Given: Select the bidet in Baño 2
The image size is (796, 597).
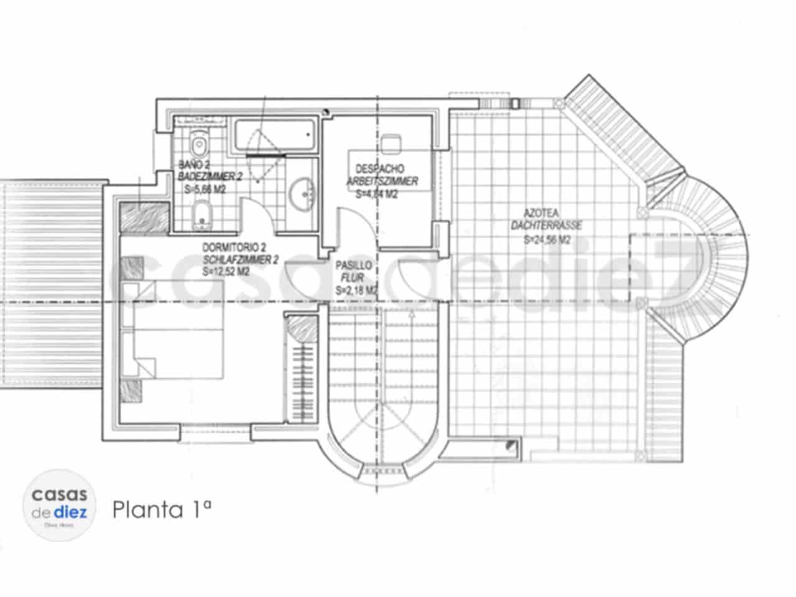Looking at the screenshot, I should pyautogui.click(x=202, y=214).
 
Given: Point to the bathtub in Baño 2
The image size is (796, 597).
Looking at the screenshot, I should pyautogui.click(x=274, y=136).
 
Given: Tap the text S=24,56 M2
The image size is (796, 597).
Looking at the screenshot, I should pyautogui.click(x=547, y=239).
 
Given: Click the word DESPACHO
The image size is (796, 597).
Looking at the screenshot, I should pyautogui.click(x=379, y=169).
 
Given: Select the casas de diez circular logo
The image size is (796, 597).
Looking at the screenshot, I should pyautogui.click(x=60, y=504).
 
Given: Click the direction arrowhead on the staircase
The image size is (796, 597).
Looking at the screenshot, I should pyautogui.click(x=410, y=316).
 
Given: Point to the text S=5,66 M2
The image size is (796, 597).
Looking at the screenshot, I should pyautogui.click(x=205, y=190).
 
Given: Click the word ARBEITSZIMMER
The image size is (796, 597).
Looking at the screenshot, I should pyautogui.click(x=382, y=182).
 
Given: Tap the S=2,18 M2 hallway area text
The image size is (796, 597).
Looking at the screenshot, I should pyautogui.click(x=356, y=290).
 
